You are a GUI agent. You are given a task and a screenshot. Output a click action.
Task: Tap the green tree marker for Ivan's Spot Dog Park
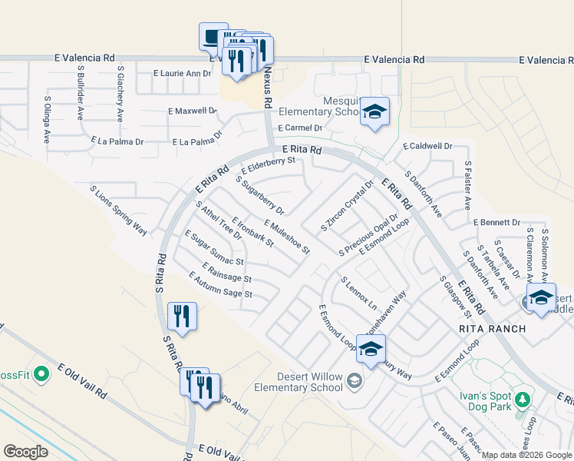click(523, 400)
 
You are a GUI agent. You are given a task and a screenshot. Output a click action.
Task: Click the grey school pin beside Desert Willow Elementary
click(355, 380)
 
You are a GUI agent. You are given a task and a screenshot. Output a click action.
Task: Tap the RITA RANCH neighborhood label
click(492, 329)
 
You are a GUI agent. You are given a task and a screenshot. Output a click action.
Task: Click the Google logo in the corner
click(26, 452)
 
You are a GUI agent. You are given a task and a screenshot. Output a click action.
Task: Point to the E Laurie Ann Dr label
click(182, 74)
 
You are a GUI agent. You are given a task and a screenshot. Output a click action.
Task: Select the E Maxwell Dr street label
click(193, 111)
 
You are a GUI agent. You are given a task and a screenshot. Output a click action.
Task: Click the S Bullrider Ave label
click(80, 93)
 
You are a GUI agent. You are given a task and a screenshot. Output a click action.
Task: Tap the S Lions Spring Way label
click(118, 210)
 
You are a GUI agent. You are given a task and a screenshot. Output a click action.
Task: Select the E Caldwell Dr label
click(427, 146)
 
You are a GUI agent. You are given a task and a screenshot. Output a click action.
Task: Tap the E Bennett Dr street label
click(496, 222)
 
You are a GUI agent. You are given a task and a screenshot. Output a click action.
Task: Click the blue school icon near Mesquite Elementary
click(374, 111)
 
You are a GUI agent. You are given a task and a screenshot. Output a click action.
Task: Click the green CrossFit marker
click(41, 375)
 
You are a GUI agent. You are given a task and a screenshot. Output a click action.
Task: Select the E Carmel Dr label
click(300, 128)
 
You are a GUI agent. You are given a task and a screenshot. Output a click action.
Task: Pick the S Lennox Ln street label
click(359, 294)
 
